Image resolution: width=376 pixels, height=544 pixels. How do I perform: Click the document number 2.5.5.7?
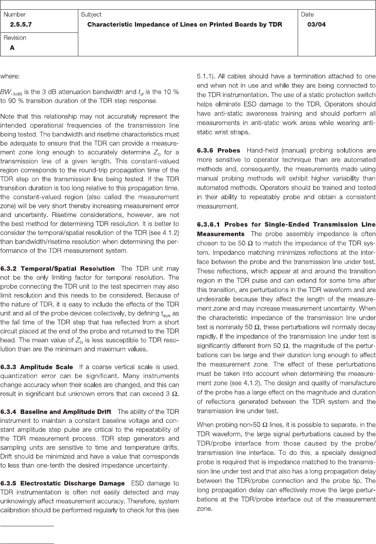pos(21,25)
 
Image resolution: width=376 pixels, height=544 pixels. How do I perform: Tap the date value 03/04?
pos(316,25)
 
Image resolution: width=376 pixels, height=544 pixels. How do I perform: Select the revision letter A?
pos(12,48)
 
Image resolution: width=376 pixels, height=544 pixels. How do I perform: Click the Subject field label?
pos(91,14)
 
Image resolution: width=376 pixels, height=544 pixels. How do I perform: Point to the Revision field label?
pos(15,38)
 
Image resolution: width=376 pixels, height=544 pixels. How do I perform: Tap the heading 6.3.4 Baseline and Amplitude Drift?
pos(56,412)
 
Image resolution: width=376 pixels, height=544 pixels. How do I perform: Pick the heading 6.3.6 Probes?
pos(218,150)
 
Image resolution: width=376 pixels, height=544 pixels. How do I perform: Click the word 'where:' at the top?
pos(10,76)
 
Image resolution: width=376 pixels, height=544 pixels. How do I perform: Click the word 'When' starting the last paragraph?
pos(205,425)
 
